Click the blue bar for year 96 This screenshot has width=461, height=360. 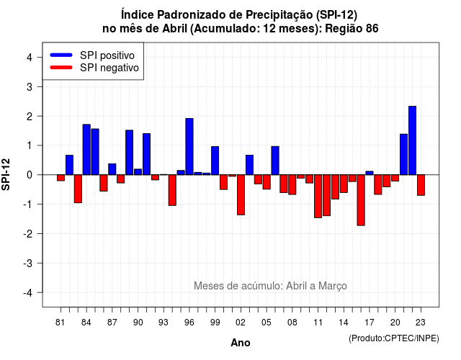(x=189, y=147)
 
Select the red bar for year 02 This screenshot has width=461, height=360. (x=241, y=195)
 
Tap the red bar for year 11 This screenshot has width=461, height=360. (x=318, y=197)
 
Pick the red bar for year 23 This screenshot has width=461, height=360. (x=421, y=185)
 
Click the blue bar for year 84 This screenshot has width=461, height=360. (x=86, y=150)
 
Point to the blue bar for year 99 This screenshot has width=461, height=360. (x=215, y=161)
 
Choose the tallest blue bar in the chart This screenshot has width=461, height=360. (x=412, y=140)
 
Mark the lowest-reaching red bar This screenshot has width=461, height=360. (x=361, y=200)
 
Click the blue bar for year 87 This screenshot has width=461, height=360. (x=112, y=169)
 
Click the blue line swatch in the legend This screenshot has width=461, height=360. (x=61, y=55)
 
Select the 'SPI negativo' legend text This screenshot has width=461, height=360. (x=109, y=68)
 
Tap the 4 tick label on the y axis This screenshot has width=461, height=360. (x=30, y=58)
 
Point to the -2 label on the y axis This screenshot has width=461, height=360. (x=28, y=233)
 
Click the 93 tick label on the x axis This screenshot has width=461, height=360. (x=164, y=323)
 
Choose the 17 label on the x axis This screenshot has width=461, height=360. (x=370, y=323)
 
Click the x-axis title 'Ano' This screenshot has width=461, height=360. (x=240, y=343)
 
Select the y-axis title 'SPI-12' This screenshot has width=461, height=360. (x=6, y=174)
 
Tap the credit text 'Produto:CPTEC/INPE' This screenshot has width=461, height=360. (x=394, y=338)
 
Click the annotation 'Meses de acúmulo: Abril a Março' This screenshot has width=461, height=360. (x=270, y=286)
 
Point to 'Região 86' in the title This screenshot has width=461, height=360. (x=352, y=29)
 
